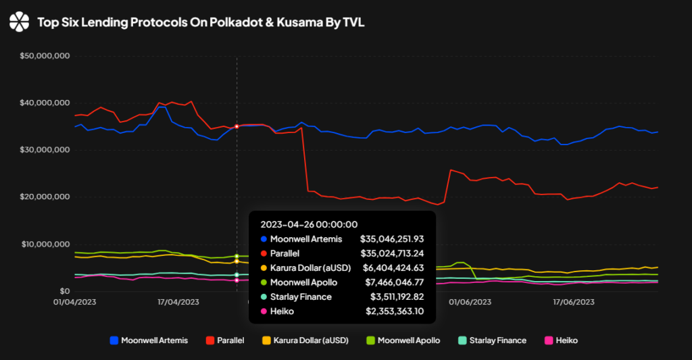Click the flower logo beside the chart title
tap(19, 22)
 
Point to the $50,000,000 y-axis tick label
tap(45, 56)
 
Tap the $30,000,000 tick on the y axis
tap(45, 150)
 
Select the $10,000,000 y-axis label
tap(45, 245)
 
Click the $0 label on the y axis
tap(65, 291)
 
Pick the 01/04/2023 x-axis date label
tap(74, 302)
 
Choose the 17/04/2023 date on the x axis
tap(178, 302)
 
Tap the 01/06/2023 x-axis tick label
tap(470, 302)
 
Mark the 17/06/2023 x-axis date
tap(574, 302)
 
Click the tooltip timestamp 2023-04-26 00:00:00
tap(309, 224)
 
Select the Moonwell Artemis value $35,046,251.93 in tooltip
tap(392, 239)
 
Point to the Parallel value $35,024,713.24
tap(392, 254)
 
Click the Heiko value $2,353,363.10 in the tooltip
tap(395, 311)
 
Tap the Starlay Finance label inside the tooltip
tap(301, 297)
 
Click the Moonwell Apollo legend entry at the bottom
tap(403, 340)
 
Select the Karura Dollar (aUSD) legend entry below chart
tap(305, 340)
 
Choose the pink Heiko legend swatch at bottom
tap(549, 340)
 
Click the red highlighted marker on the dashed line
tap(237, 126)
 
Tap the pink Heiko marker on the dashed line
tap(237, 280)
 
